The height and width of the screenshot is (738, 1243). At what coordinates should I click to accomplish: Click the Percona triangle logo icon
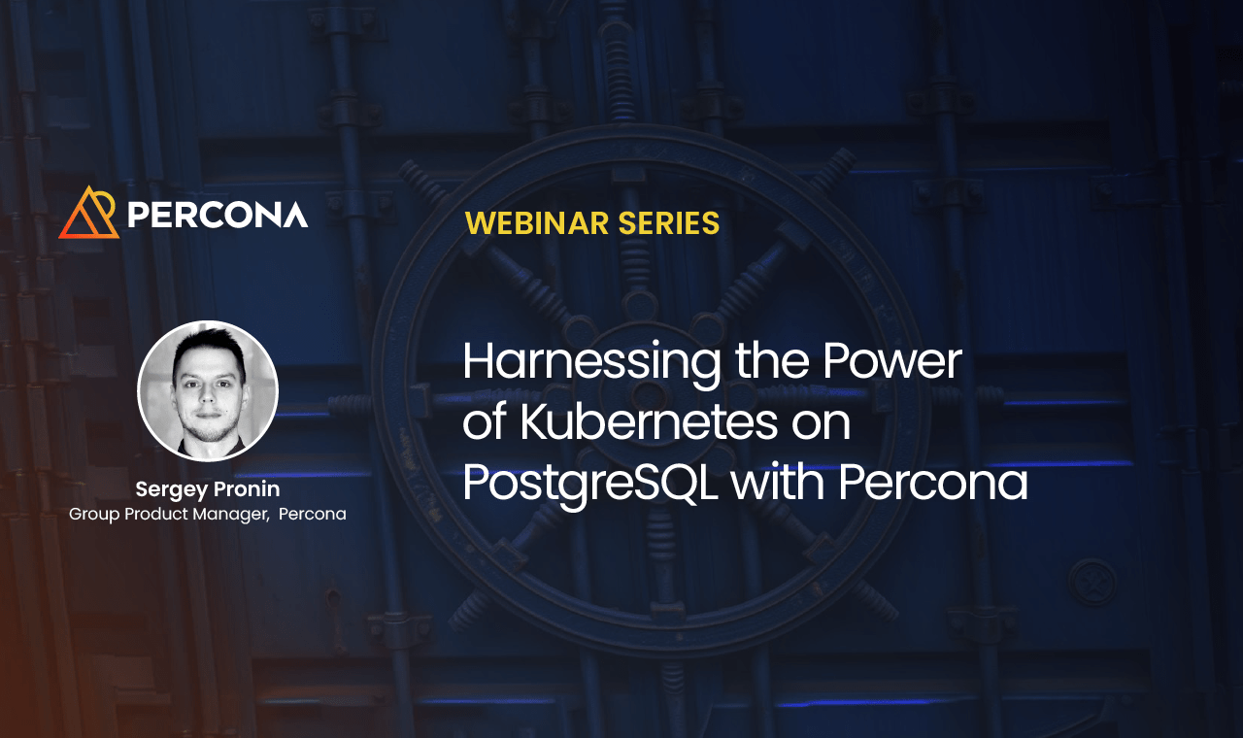[88, 213]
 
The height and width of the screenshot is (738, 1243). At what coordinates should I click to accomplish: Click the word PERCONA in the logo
[218, 214]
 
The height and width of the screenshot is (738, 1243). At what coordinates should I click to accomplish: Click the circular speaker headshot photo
[208, 390]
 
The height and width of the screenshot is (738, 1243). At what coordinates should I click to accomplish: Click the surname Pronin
[247, 488]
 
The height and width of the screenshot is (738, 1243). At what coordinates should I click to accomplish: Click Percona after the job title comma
[312, 514]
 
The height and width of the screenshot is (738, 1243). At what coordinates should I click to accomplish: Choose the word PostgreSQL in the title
[589, 484]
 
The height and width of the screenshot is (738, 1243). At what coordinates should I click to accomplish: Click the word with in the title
[776, 483]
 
